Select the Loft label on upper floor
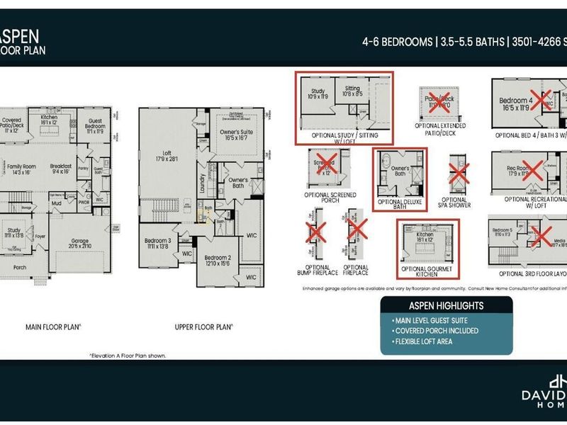[x=167, y=155]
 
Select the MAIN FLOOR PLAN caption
[x=53, y=327]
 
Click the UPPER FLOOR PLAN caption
[x=204, y=327]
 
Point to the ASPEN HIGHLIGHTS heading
[x=446, y=306]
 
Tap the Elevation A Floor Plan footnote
[x=128, y=355]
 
